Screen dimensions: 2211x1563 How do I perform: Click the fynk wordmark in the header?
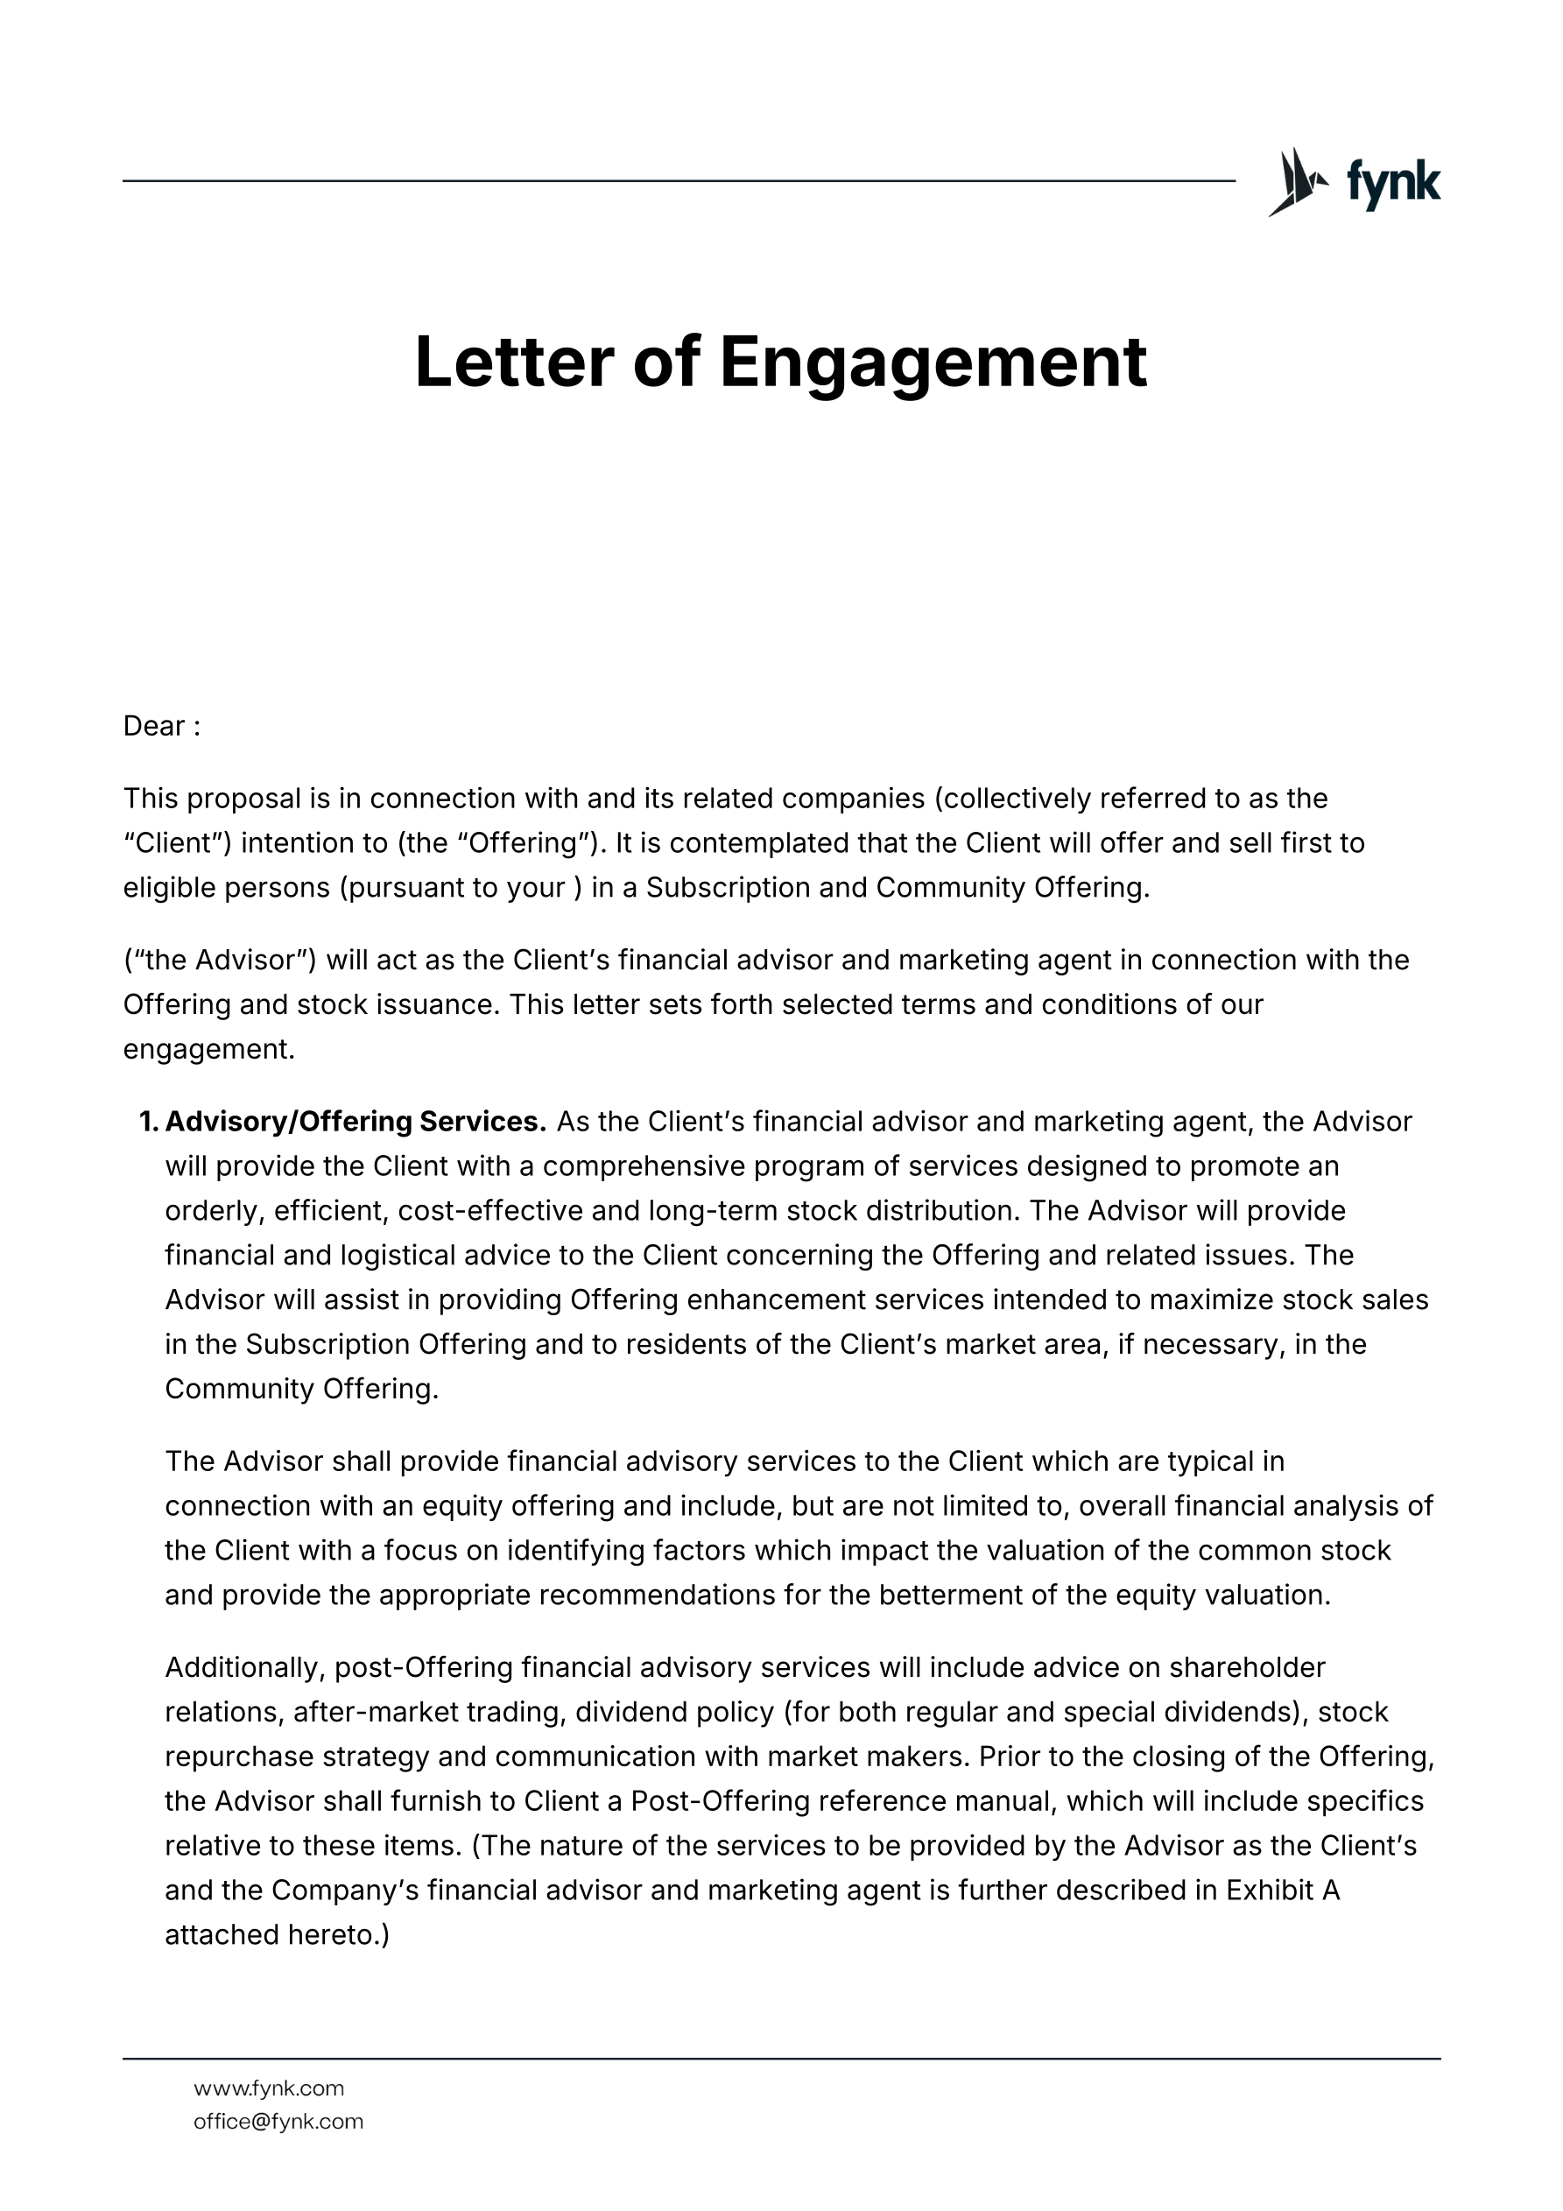click(x=1392, y=183)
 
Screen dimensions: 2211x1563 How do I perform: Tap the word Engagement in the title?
click(x=933, y=363)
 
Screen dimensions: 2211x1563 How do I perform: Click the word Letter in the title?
click(x=513, y=363)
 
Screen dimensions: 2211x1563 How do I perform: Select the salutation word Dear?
click(x=153, y=726)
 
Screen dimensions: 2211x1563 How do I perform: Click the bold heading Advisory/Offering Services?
click(x=356, y=1122)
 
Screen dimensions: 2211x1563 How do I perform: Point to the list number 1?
click(x=148, y=1122)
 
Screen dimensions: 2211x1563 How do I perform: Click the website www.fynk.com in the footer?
click(x=269, y=2088)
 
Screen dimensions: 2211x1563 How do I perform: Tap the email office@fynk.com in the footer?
click(x=278, y=2122)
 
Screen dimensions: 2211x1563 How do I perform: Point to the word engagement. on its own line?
click(x=208, y=1050)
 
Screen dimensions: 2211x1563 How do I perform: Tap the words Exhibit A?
click(x=1283, y=1891)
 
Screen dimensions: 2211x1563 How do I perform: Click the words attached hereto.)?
click(x=277, y=1934)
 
